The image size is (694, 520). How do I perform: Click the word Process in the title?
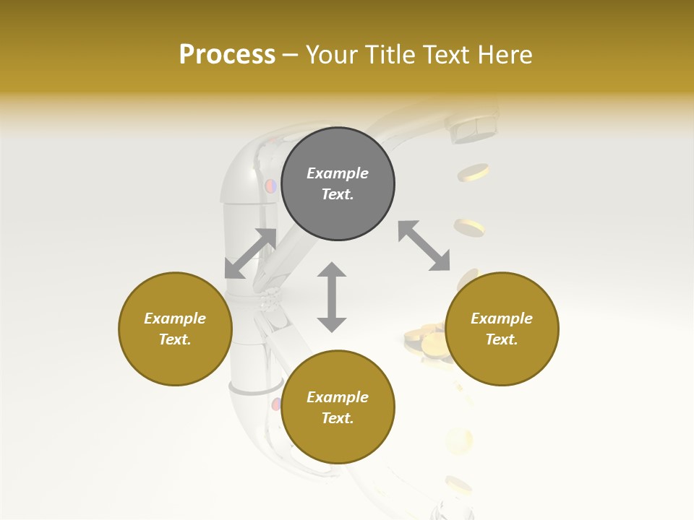(227, 55)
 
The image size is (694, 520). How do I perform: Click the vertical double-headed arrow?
(332, 297)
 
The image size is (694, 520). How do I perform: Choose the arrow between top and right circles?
(424, 246)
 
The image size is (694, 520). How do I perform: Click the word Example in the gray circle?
(338, 173)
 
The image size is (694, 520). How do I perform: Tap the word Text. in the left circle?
(175, 339)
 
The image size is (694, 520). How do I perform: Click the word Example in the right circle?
(502, 318)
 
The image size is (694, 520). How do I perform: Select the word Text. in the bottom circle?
(338, 418)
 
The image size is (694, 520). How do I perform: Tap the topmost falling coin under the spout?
(475, 172)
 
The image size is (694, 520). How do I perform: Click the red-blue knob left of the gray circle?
(270, 186)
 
